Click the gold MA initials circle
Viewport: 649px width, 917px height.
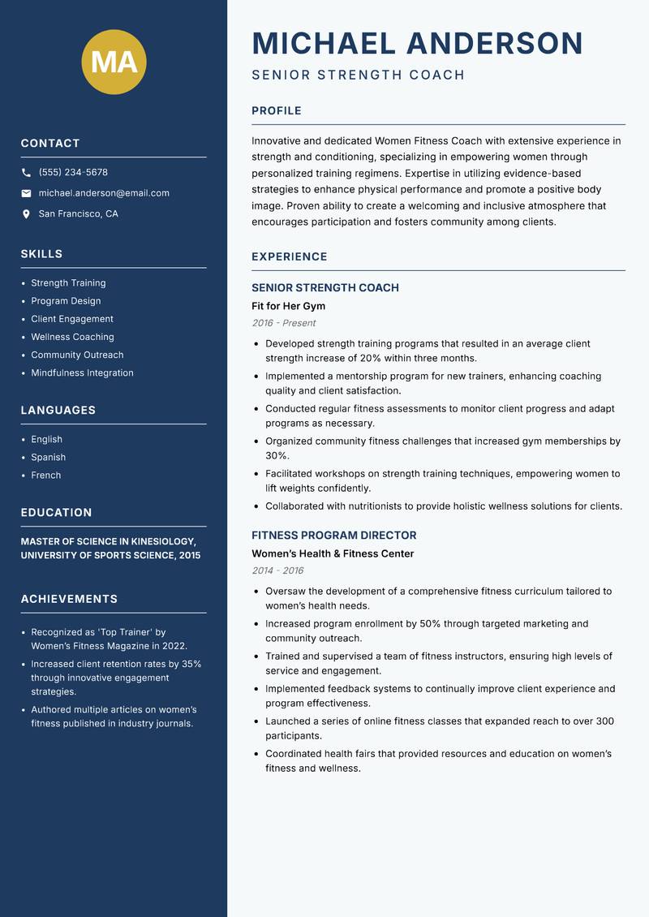click(114, 62)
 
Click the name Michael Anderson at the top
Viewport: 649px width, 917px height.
click(417, 43)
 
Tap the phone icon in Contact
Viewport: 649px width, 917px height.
click(26, 173)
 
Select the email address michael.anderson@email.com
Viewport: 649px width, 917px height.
click(104, 193)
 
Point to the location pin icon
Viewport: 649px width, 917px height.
click(26, 214)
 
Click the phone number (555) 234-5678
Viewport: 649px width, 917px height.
click(73, 173)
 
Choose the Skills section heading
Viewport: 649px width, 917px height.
click(41, 254)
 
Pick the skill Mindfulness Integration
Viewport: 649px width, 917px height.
click(82, 373)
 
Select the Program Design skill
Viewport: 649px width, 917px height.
click(66, 301)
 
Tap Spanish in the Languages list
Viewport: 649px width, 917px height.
click(48, 458)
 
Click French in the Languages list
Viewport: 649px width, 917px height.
click(45, 476)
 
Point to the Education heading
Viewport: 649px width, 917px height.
click(56, 513)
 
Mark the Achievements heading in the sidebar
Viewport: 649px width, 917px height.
click(69, 599)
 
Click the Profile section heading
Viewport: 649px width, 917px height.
click(276, 111)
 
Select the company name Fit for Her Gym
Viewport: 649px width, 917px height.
click(288, 306)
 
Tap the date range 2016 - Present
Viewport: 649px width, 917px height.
click(283, 323)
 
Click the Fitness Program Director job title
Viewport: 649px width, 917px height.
click(333, 536)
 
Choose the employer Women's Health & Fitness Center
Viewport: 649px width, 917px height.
click(333, 553)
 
